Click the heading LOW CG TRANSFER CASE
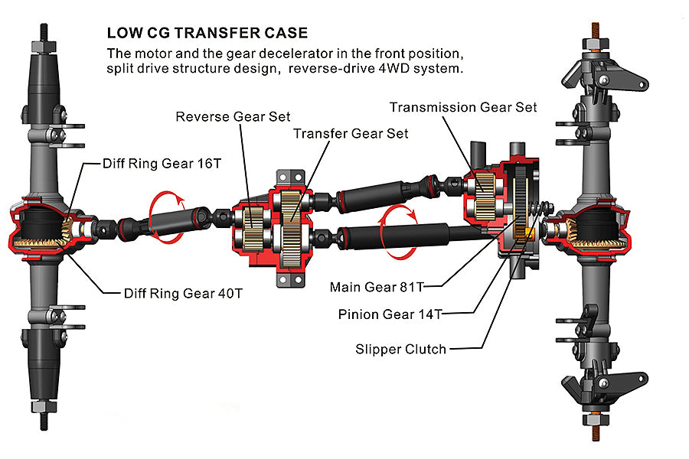click(x=207, y=33)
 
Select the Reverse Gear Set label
click(x=233, y=116)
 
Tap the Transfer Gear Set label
click(x=351, y=133)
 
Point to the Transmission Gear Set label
click(x=463, y=107)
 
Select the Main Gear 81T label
click(x=376, y=287)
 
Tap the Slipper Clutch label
click(x=400, y=349)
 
